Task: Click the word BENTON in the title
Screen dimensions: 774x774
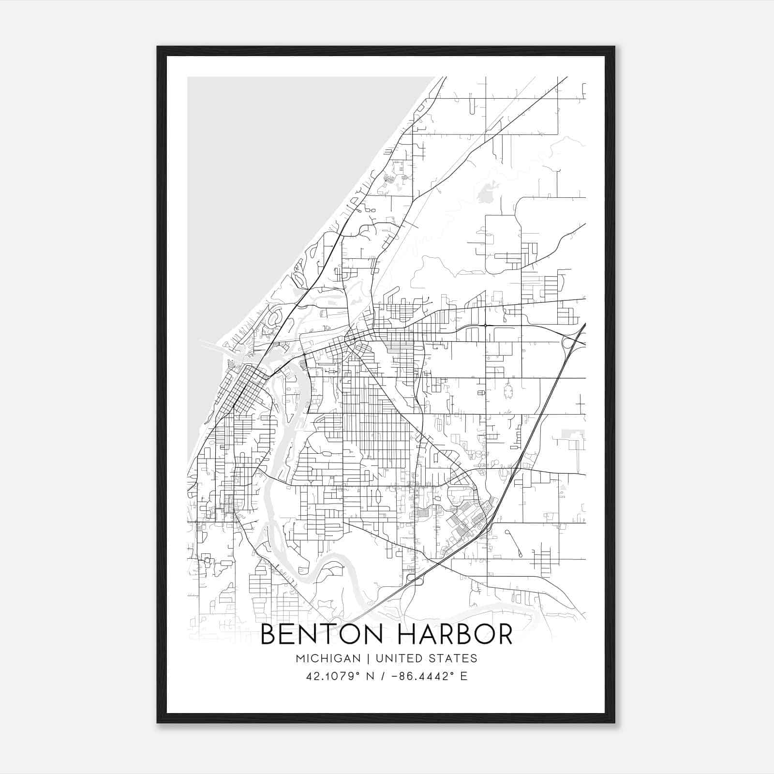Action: pos(324,634)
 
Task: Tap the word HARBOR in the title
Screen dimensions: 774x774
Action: pos(455,634)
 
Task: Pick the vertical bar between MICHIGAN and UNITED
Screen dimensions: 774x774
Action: pos(368,658)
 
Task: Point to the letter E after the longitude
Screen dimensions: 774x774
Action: pos(463,676)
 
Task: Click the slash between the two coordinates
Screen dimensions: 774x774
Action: pos(384,676)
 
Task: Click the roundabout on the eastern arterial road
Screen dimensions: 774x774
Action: pos(485,326)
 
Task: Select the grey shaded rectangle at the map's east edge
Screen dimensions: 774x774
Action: pos(573,434)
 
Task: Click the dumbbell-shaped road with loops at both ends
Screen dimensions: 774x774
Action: pos(513,543)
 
